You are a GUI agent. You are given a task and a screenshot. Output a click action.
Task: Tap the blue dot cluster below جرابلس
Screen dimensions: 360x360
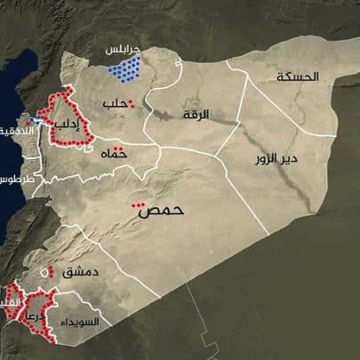click(131, 68)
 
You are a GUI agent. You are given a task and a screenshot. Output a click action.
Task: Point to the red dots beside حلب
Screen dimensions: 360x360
click(132, 104)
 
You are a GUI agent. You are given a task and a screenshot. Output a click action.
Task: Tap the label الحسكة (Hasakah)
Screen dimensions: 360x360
click(296, 77)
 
